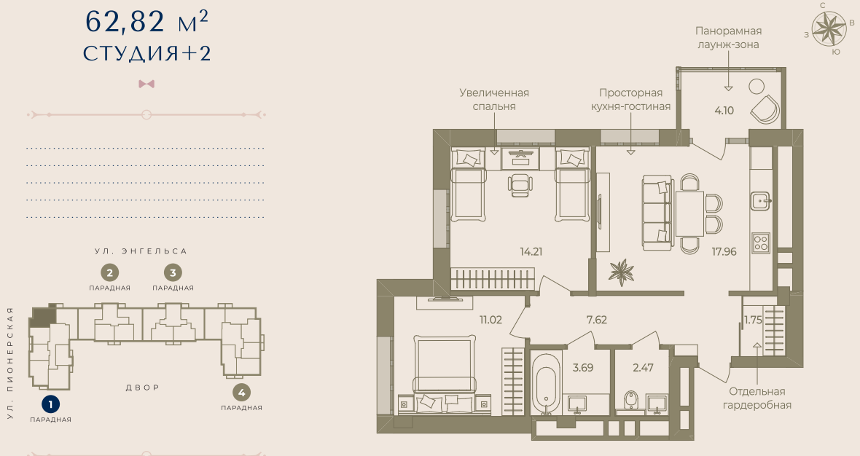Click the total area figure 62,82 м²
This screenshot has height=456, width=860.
(146, 21)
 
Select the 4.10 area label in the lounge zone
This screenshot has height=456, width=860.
(724, 110)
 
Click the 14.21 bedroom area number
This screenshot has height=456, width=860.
(531, 251)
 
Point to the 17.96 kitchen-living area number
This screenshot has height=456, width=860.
(724, 251)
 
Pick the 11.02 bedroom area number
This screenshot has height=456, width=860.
(490, 320)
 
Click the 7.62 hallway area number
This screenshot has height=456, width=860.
(596, 320)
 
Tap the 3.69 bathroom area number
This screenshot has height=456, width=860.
(582, 368)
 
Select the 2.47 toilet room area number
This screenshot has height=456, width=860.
(643, 368)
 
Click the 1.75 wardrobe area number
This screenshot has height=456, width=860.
(753, 320)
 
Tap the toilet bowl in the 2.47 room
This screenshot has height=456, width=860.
(631, 403)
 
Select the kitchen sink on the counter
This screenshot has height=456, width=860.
(761, 201)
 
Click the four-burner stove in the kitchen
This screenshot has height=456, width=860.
(761, 242)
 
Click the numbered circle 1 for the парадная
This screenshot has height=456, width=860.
(50, 405)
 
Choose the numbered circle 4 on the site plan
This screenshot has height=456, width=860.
(241, 393)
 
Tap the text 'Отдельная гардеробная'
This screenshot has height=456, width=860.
(757, 398)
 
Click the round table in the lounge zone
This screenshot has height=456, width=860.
(757, 87)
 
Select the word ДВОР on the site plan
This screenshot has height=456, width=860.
(143, 388)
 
